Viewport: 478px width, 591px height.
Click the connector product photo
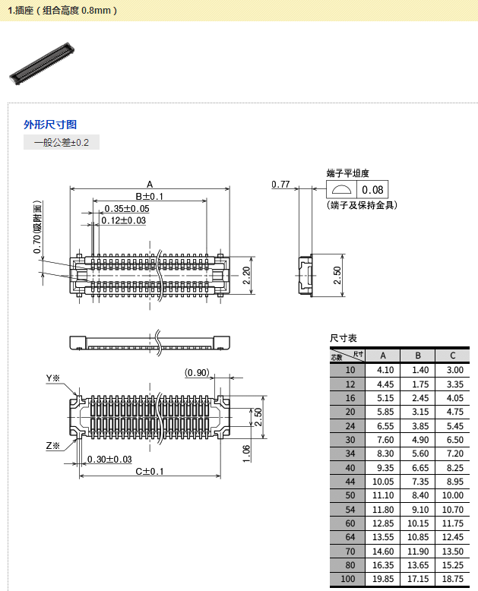coord(42,63)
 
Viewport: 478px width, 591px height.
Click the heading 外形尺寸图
coord(50,125)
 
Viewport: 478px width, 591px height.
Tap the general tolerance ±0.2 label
coord(62,143)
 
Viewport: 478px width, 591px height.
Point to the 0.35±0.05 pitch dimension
coord(127,208)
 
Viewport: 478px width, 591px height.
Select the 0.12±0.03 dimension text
coord(123,220)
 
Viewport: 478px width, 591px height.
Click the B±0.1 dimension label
coord(149,197)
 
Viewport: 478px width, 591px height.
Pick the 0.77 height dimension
coord(280,185)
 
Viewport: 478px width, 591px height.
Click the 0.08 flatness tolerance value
coord(372,190)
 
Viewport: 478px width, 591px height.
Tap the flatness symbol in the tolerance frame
coord(341,190)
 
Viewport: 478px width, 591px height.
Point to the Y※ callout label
coord(52,378)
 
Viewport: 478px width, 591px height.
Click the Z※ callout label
coord(52,445)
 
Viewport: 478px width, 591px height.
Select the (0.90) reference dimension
coord(197,373)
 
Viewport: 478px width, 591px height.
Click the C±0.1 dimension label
coord(150,471)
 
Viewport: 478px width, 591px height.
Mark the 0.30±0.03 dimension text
coord(109,459)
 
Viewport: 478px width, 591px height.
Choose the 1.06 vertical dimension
coord(246,454)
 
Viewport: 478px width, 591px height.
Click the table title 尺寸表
coord(343,338)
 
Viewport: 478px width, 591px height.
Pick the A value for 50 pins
coord(383,495)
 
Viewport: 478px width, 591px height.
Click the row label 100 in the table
coord(347,579)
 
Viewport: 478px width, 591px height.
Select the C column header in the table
coord(453,356)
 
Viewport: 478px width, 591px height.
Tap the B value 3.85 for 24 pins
coord(420,426)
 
